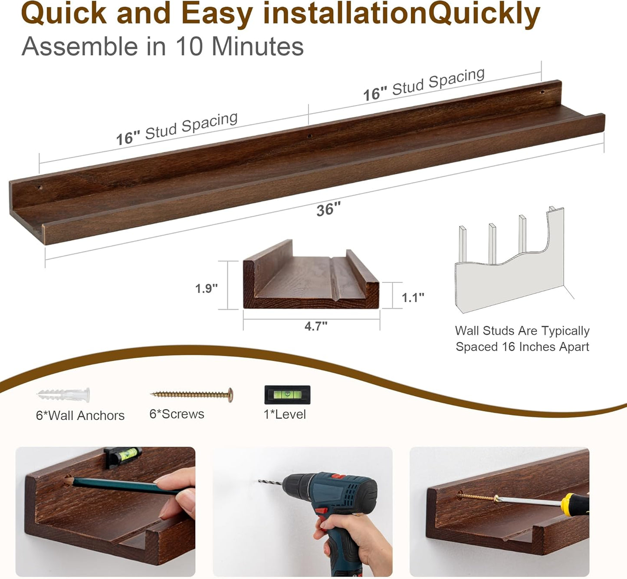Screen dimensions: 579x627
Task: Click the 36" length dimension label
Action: pyautogui.click(x=328, y=210)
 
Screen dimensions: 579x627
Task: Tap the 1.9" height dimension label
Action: pyautogui.click(x=206, y=288)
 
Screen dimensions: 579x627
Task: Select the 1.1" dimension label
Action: pyautogui.click(x=413, y=298)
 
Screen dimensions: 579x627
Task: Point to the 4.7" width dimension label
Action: pyautogui.click(x=316, y=326)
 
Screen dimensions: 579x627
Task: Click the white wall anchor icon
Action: pyautogui.click(x=64, y=395)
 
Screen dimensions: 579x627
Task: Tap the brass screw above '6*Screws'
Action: pyautogui.click(x=192, y=394)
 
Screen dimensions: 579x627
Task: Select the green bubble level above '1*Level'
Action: pyautogui.click(x=287, y=394)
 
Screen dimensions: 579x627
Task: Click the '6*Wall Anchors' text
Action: pyautogui.click(x=80, y=416)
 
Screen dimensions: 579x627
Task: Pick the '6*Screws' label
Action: pyautogui.click(x=177, y=414)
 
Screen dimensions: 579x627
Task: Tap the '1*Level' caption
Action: pyautogui.click(x=285, y=414)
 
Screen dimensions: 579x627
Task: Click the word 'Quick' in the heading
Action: pyautogui.click(x=64, y=14)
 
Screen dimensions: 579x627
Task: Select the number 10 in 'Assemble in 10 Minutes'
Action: pyautogui.click(x=189, y=46)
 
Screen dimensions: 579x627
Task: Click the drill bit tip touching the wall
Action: pyautogui.click(x=260, y=481)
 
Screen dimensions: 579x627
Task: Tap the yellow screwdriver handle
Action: pyautogui.click(x=575, y=504)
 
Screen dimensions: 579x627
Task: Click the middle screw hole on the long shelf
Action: pyautogui.click(x=310, y=136)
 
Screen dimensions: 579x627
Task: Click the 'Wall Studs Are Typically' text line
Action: pyautogui.click(x=522, y=331)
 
